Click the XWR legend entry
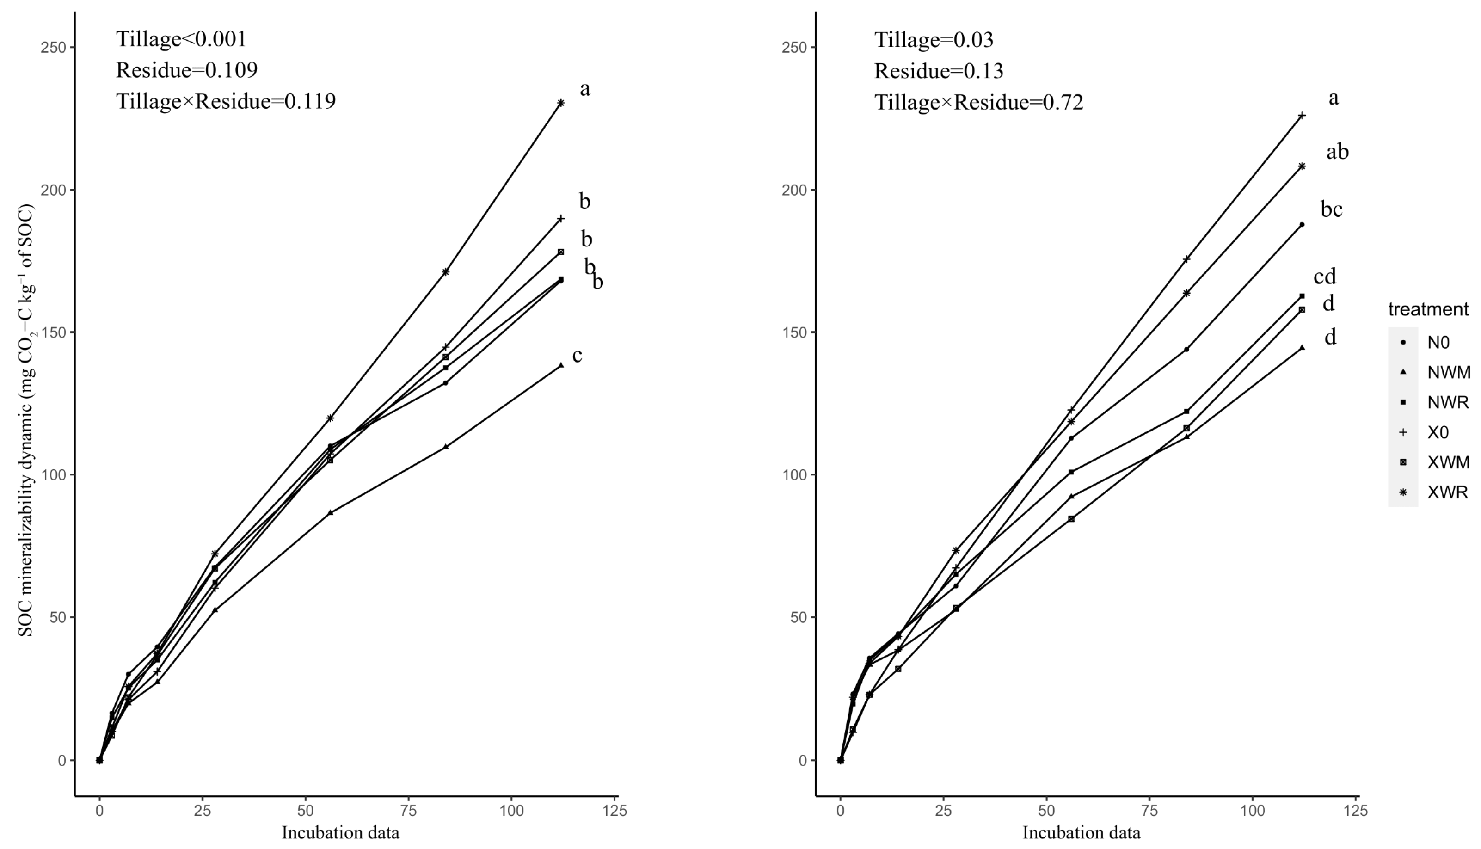pyautogui.click(x=1446, y=492)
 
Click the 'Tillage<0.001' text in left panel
pyautogui.click(x=181, y=39)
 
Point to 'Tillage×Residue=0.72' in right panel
pyautogui.click(x=978, y=103)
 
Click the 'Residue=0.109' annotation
pyautogui.click(x=187, y=70)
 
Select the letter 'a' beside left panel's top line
pyautogui.click(x=584, y=89)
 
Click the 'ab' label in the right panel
pyautogui.click(x=1337, y=152)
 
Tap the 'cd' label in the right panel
pyautogui.click(x=1324, y=277)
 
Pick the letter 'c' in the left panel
pyautogui.click(x=577, y=356)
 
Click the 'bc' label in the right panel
pyautogui.click(x=1331, y=209)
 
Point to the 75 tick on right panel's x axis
pyautogui.click(x=1149, y=811)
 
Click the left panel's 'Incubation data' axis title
pyautogui.click(x=340, y=833)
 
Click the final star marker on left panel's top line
pyautogui.click(x=560, y=103)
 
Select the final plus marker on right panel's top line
pyautogui.click(x=1302, y=116)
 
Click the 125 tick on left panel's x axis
pyautogui.click(x=615, y=811)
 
